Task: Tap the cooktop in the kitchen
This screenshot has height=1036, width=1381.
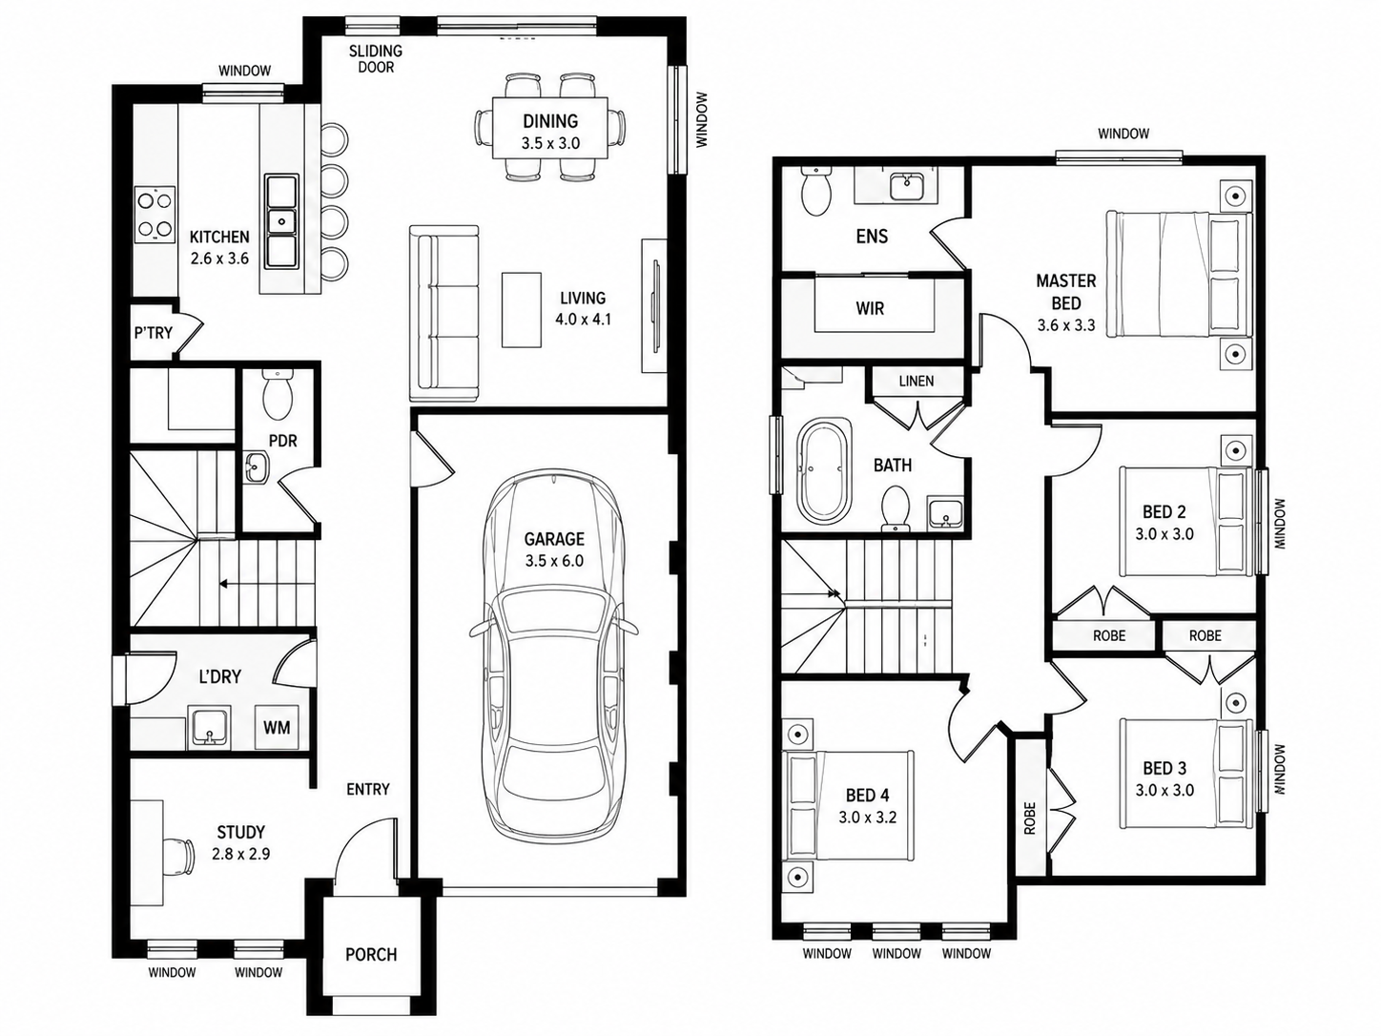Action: pos(155,216)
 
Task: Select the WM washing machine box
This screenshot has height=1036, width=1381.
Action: pos(277,728)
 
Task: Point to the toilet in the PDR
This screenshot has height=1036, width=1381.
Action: pos(278,394)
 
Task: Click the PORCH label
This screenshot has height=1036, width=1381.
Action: pos(371,955)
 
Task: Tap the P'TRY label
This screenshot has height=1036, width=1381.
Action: pos(153,332)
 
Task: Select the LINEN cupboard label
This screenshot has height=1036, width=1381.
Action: pos(916,381)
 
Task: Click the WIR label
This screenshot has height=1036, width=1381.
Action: pos(870,308)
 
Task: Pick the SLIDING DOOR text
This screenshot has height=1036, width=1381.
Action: pos(376,58)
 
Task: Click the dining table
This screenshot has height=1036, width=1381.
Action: pos(550,129)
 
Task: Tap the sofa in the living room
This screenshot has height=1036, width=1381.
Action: pos(443,313)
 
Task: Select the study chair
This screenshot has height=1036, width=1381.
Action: pos(181,856)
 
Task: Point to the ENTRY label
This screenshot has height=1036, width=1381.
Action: pos(368,789)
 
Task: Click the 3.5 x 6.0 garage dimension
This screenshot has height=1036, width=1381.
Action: pos(554,561)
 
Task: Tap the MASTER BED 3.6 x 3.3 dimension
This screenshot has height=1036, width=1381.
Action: pos(1065,325)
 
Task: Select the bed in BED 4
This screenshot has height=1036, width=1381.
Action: pos(848,805)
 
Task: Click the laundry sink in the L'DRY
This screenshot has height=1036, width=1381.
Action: pos(209,728)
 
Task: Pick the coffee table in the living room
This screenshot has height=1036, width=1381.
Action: pos(522,309)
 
